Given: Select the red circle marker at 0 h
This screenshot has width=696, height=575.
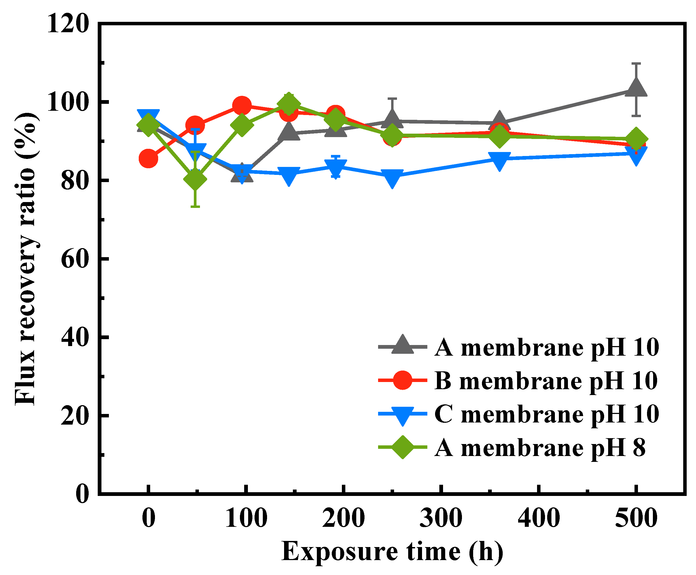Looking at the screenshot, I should coord(148,158).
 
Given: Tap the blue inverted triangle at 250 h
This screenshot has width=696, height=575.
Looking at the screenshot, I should coord(392,178).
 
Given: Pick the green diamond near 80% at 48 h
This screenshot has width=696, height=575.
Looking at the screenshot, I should coord(195,179).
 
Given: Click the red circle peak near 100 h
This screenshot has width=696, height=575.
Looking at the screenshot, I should coord(241,106).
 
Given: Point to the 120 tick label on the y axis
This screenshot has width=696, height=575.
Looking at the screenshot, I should coord(68,24).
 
